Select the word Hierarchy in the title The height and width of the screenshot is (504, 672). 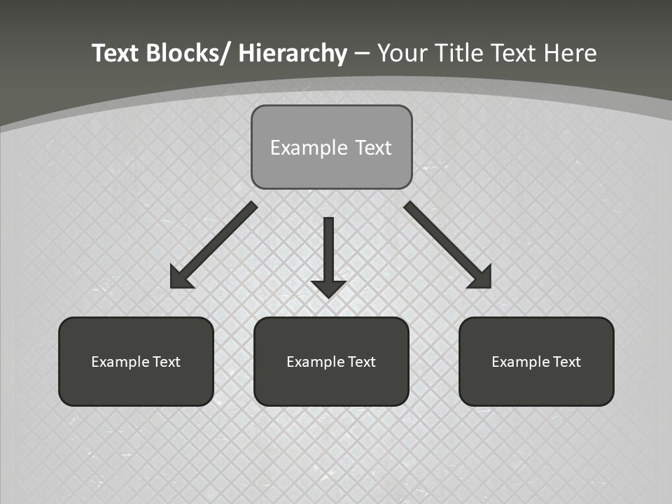coord(293,53)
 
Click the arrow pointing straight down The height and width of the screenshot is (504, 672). coord(328,252)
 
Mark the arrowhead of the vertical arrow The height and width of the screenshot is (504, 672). coord(328,288)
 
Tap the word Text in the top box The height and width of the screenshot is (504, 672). coord(372,148)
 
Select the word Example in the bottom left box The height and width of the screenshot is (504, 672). coord(120,362)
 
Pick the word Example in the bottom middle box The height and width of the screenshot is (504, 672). coord(315,362)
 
